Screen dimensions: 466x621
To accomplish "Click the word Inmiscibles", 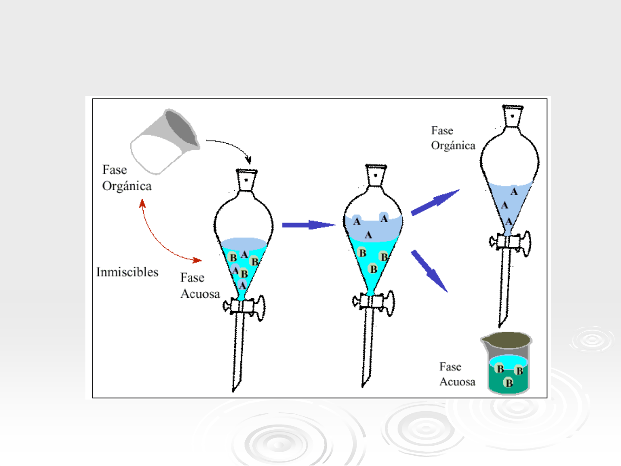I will (127, 272).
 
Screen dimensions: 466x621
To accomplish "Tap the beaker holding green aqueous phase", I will (508, 365).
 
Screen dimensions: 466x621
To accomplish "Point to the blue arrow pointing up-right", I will (435, 202).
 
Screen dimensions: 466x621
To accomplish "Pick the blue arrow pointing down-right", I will (429, 271).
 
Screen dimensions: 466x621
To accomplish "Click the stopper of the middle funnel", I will (376, 174).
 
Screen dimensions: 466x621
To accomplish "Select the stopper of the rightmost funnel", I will (512, 115).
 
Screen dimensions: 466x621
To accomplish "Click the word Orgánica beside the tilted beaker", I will (127, 186).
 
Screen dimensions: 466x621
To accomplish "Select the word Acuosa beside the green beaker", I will (457, 382).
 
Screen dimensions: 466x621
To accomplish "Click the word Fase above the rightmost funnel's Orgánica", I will (442, 131).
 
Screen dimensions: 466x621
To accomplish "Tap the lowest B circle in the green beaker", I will (509, 383).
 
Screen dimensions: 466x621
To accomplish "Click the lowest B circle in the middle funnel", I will (373, 269).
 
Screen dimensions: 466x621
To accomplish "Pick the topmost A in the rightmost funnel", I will (514, 192).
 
